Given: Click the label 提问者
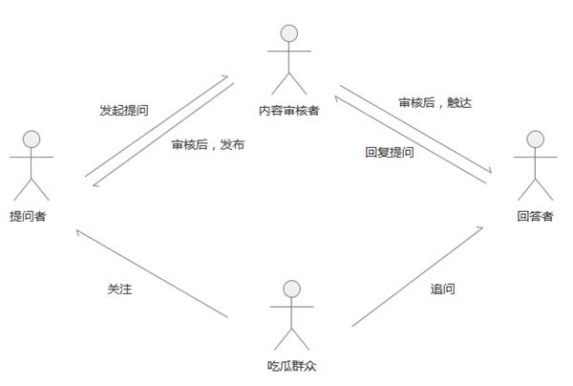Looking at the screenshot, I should tap(28, 217).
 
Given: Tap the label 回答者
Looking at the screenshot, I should tap(535, 216).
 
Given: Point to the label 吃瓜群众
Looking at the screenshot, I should tap(288, 364).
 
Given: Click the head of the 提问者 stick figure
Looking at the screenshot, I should tap(32, 139).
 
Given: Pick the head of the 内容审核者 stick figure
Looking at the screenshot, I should tap(287, 32).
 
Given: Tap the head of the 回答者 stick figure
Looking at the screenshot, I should tap(535, 139).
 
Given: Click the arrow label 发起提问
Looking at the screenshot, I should tap(123, 111).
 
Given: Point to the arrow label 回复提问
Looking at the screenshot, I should tap(390, 152).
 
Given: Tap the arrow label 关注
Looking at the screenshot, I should tap(119, 289).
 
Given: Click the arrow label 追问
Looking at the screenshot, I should tap(442, 289).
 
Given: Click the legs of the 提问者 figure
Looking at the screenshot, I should tap(32, 188).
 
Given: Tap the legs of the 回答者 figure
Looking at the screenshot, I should tap(535, 188).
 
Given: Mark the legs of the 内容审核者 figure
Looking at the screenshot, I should tap(287, 82).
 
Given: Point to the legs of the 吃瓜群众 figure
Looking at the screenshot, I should tap(292, 337).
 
